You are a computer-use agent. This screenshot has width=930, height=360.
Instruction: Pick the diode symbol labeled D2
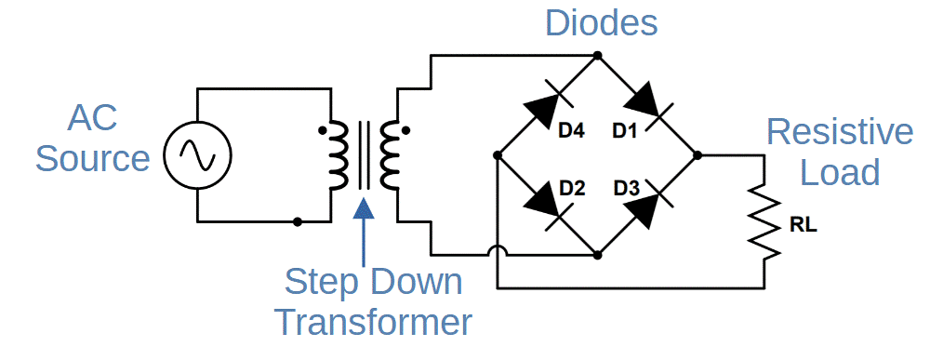pos(546,205)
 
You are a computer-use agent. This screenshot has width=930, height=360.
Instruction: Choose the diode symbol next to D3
pos(647,205)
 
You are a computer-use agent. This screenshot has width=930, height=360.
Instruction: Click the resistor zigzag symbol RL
pos(764,224)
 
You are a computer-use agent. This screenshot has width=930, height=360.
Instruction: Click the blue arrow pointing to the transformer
pos(365,228)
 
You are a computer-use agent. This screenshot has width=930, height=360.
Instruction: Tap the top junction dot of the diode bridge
pos(597,55)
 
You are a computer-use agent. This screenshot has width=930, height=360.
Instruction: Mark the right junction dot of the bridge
pos(697,154)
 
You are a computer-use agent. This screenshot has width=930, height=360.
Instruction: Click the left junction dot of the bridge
pos(498,154)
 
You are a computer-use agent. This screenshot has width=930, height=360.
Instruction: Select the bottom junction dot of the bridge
pos(597,254)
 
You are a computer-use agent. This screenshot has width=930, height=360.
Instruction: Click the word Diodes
pos(602,23)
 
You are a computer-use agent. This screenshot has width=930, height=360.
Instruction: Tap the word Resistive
pos(839,133)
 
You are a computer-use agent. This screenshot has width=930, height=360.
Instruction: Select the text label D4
pos(571,132)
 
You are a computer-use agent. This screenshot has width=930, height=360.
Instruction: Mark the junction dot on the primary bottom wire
pos(297,221)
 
